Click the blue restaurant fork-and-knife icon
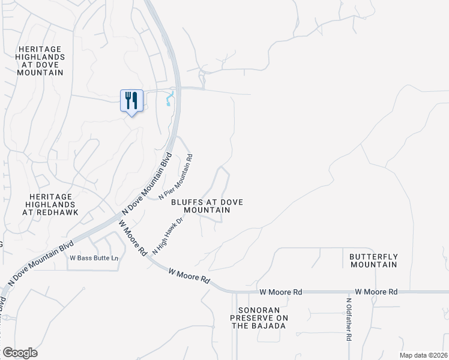coord(132,100)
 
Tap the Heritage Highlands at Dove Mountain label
coord(41,61)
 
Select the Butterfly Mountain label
coord(373,260)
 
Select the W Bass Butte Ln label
coord(94,258)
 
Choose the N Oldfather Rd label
coord(348,320)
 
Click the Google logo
coord(20,353)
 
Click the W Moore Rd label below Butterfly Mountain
coord(376,292)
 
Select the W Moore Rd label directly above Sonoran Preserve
coord(281,292)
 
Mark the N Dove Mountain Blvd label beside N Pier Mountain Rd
coord(147,184)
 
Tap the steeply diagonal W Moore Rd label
coord(133,239)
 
